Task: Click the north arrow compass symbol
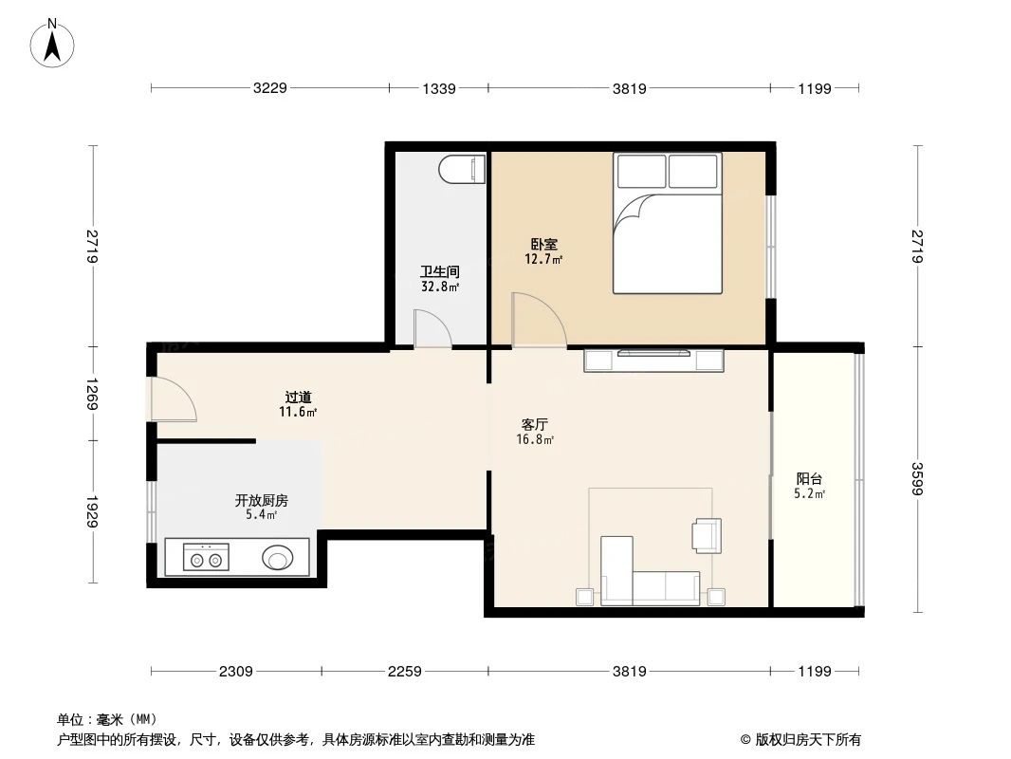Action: pos(54,42)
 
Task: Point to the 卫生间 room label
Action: pos(440,271)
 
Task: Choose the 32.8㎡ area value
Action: pos(440,287)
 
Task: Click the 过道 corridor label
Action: pos(298,398)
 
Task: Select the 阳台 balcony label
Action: pos(809,479)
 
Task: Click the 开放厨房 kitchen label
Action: pos(262,500)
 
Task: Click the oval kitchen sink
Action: pos(278,557)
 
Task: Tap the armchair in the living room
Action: pos(707,535)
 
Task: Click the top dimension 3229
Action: pos(270,88)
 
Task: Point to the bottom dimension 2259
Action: pos(405,672)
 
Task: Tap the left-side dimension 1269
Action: pos(92,394)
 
